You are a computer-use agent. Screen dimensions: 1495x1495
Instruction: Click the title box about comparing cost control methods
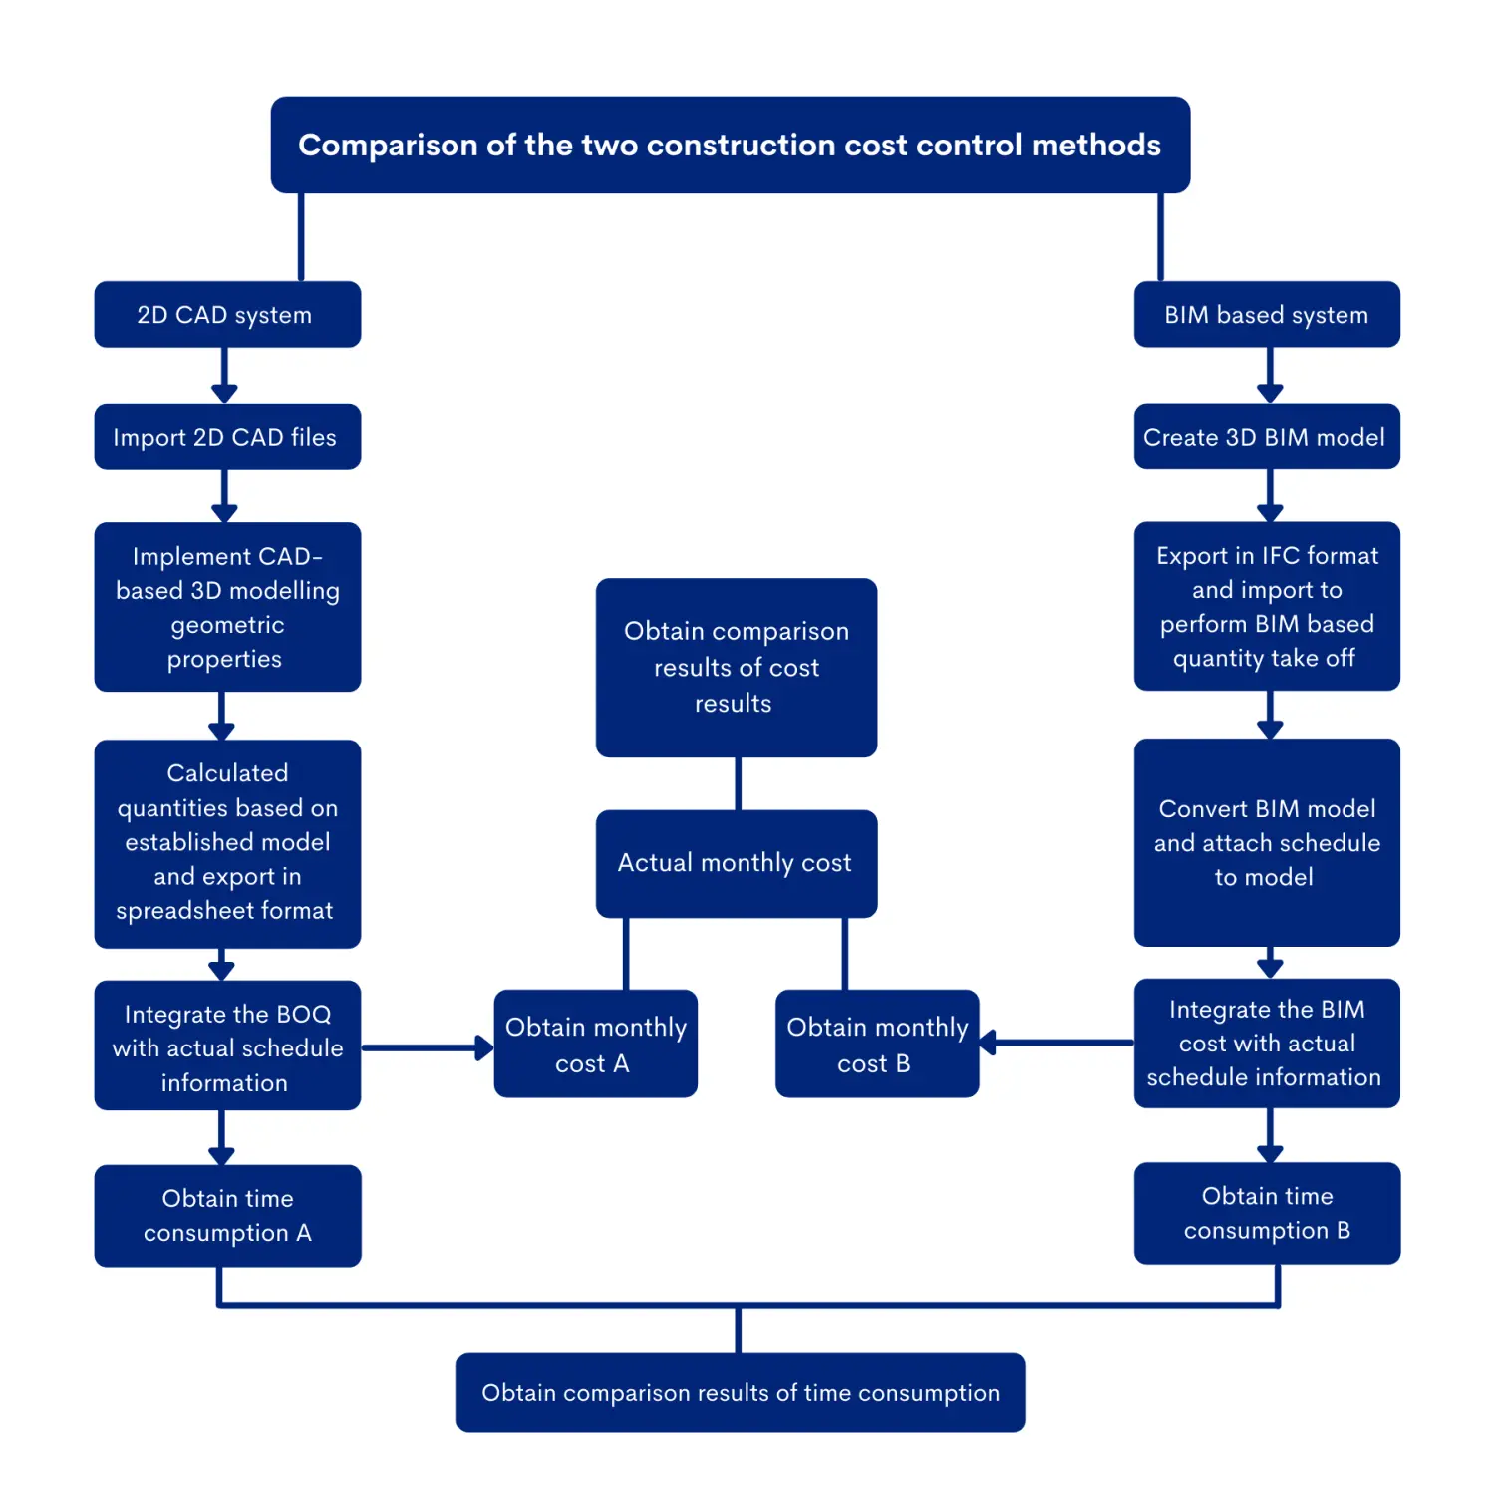pos(730,145)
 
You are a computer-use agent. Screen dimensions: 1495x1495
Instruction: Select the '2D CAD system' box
pos(227,315)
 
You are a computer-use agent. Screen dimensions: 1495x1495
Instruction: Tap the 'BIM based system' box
pos(1267,315)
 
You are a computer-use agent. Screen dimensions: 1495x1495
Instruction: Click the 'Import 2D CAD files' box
pos(227,437)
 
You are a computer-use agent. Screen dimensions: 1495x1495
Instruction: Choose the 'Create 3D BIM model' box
pos(1267,437)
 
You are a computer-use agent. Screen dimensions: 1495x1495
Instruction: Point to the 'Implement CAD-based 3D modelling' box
pos(227,607)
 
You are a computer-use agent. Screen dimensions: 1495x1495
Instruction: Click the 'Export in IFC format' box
pos(1267,606)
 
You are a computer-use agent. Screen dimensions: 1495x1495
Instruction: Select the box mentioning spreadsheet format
pos(227,843)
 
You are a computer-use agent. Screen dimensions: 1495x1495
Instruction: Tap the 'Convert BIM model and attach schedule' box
pos(1267,842)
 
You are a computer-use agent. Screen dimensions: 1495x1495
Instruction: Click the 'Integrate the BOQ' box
pos(227,1046)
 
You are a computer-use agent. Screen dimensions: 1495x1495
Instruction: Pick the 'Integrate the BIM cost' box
pos(1267,1043)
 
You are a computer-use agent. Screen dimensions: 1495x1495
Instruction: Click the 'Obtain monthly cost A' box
pos(595,1044)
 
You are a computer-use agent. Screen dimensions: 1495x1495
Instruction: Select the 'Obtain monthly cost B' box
pos(876,1044)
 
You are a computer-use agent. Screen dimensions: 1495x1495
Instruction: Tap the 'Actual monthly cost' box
pos(736,863)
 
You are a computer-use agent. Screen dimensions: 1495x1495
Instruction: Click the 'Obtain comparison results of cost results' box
pos(736,667)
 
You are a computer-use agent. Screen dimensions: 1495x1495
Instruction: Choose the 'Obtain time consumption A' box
pos(227,1215)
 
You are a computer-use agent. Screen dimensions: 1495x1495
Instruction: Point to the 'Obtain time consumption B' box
pos(1267,1213)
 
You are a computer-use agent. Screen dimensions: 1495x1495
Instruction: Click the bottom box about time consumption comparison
pos(740,1392)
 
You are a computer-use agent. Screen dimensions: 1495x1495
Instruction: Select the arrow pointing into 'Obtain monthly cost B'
pos(1056,1043)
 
